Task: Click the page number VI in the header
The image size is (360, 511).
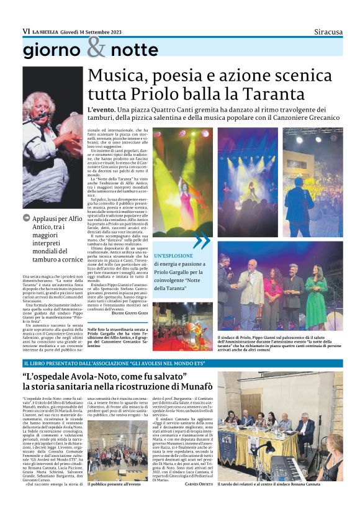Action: click(x=26, y=31)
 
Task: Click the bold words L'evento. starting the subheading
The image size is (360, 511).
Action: click(x=102, y=111)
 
